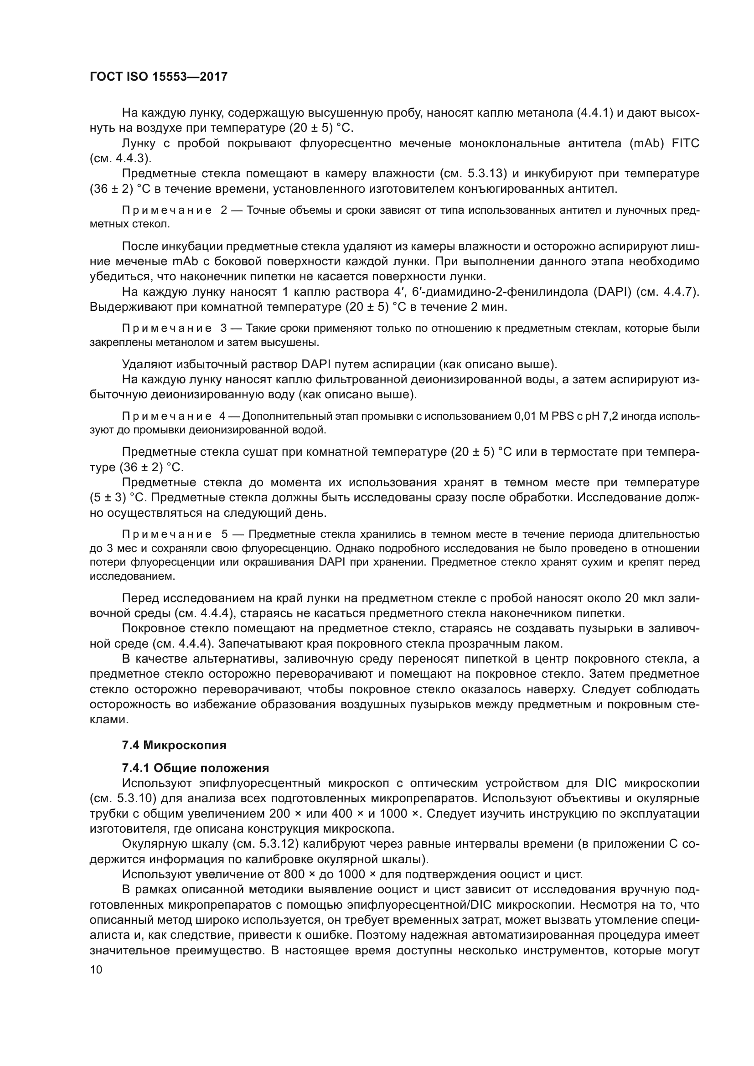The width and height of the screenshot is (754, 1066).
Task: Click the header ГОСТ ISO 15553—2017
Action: (158, 77)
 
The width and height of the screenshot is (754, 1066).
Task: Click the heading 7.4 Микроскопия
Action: (174, 746)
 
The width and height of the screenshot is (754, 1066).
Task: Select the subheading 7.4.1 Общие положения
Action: (196, 768)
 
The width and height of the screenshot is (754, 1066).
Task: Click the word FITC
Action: (685, 144)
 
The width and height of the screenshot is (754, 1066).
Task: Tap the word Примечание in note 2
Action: (167, 210)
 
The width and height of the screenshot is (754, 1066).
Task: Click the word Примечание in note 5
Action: (167, 535)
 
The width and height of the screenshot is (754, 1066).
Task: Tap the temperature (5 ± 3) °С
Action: (118, 498)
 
